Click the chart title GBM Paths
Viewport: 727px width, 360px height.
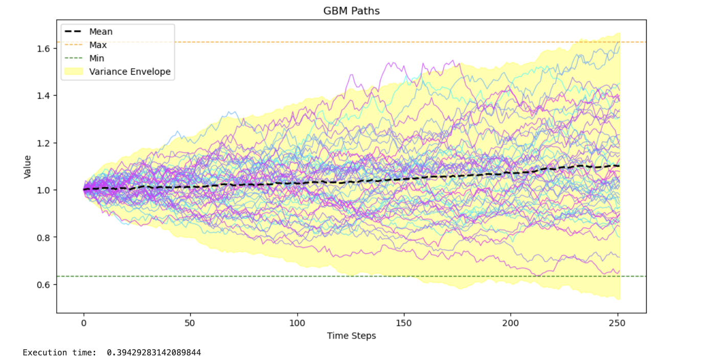(x=351, y=11)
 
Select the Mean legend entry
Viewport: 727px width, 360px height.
(x=88, y=32)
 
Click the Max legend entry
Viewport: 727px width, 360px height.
(x=86, y=45)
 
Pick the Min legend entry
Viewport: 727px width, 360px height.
(x=84, y=58)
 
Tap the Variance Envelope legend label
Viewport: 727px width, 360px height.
(x=130, y=72)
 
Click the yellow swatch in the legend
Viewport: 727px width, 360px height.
(x=74, y=72)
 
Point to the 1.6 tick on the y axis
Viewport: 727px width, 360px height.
(x=43, y=49)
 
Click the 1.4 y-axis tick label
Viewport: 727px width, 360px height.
(x=43, y=96)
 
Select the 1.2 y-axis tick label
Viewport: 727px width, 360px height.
(x=43, y=143)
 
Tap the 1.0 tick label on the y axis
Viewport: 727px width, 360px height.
(x=43, y=190)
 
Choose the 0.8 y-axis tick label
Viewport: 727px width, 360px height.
(x=43, y=238)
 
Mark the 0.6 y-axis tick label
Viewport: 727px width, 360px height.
(x=43, y=285)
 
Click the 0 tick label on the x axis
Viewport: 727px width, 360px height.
(x=84, y=323)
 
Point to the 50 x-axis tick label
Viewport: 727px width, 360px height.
(x=190, y=323)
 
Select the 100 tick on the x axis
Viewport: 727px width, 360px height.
(x=297, y=323)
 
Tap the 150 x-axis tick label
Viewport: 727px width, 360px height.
(x=404, y=323)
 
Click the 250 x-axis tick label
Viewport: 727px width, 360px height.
(x=617, y=323)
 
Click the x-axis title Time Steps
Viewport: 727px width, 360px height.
(x=351, y=335)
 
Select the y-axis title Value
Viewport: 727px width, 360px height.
(x=27, y=167)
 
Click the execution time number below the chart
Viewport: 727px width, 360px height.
(x=154, y=352)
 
